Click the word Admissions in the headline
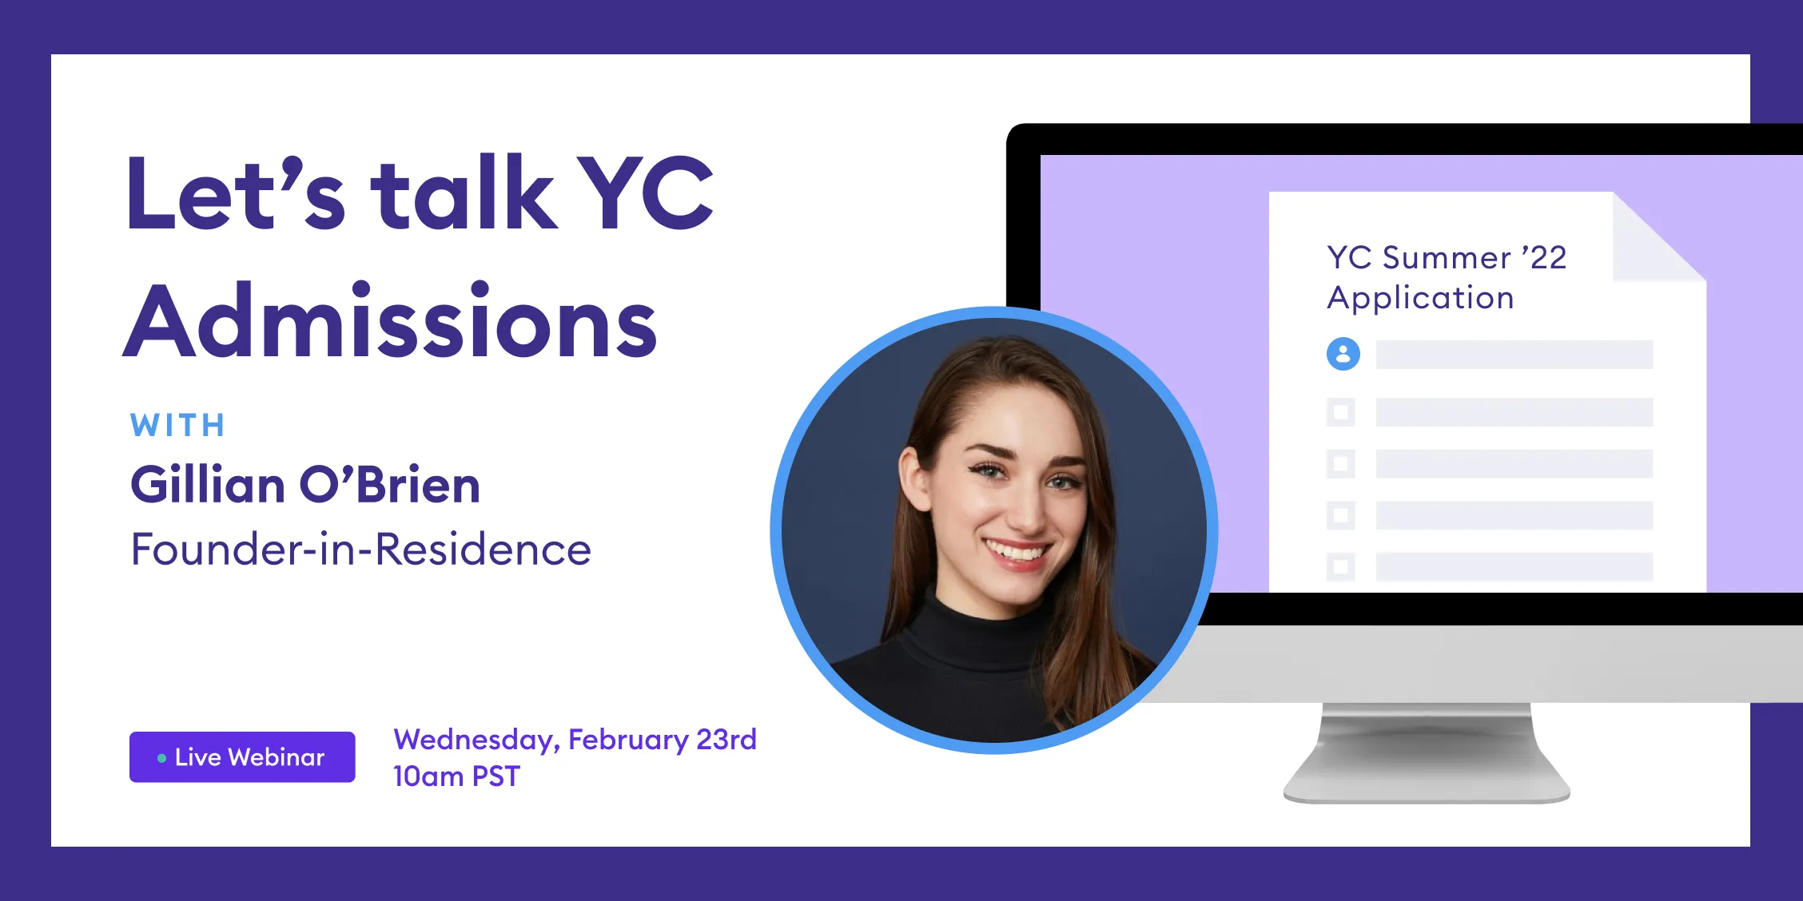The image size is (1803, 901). (x=390, y=322)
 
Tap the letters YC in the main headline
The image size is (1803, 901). (x=644, y=194)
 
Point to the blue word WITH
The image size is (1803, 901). (x=178, y=426)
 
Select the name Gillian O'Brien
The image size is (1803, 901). (x=305, y=485)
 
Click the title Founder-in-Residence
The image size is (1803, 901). (x=360, y=550)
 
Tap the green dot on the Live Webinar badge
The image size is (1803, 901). (x=161, y=758)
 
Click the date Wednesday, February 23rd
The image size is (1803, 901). (x=575, y=740)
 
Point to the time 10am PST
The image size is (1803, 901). (x=456, y=776)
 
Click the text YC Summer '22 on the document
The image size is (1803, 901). (x=1447, y=258)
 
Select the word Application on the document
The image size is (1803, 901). (x=1420, y=298)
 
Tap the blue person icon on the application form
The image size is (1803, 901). (x=1343, y=354)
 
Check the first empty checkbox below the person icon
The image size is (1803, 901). (x=1341, y=412)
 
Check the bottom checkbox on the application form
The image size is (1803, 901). (x=1341, y=566)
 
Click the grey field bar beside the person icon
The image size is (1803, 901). (x=1514, y=355)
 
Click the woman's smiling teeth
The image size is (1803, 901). (x=1017, y=552)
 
